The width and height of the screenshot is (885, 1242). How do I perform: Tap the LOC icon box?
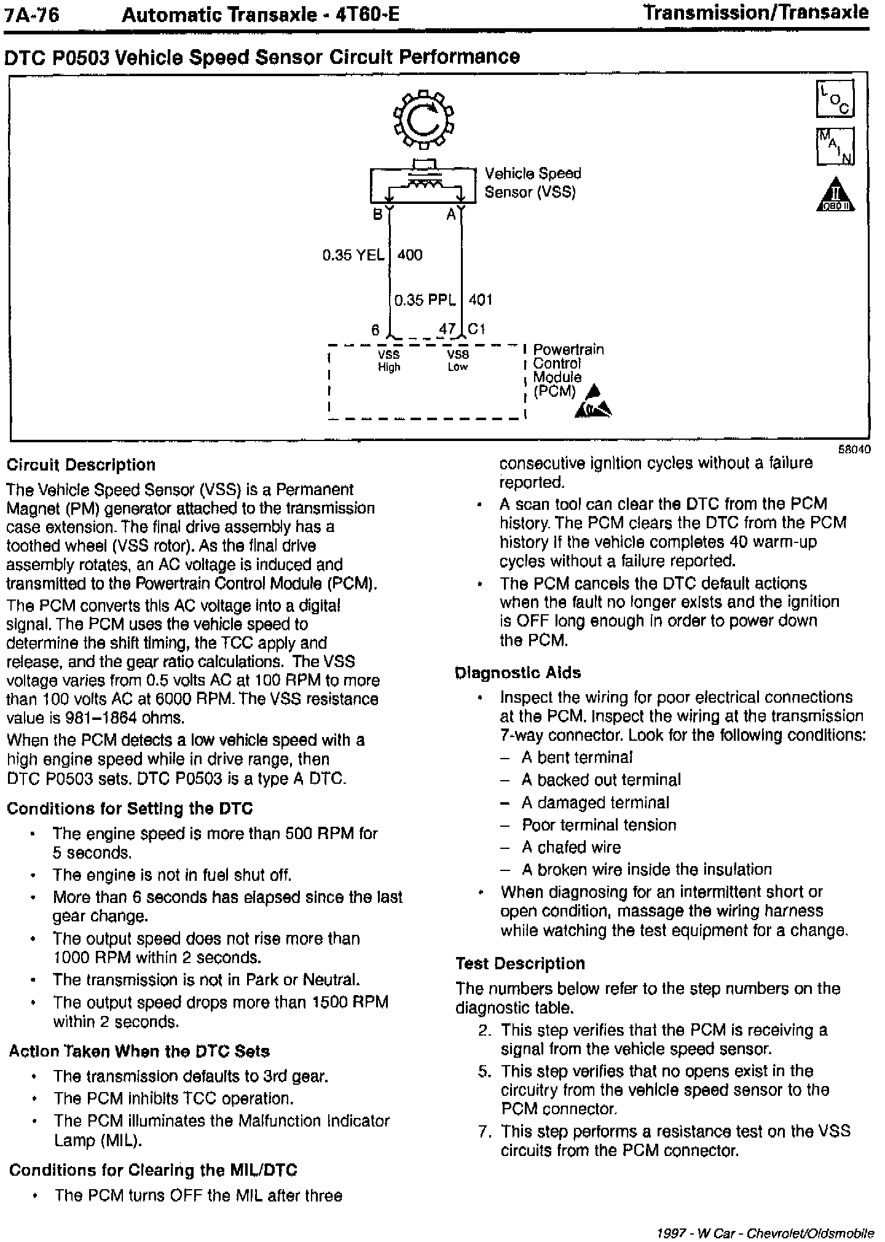(835, 99)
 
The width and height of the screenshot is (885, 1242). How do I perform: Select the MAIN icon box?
(835, 146)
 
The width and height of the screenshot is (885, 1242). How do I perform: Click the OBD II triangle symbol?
(836, 195)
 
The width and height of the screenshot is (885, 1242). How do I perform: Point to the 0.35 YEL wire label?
(353, 255)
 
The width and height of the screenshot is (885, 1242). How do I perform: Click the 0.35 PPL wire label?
(425, 300)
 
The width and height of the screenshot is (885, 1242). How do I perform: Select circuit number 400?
(410, 255)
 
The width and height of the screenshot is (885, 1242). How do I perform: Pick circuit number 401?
(481, 300)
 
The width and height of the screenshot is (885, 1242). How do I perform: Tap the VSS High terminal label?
(389, 361)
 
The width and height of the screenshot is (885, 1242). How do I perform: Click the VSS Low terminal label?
(458, 361)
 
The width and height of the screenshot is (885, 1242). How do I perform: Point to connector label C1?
(477, 329)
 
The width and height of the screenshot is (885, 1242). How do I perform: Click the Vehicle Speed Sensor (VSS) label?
(532, 182)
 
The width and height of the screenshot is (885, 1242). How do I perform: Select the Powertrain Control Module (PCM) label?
(567, 370)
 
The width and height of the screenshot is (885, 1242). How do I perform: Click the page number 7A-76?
(31, 15)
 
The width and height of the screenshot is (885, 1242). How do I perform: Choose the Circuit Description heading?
(81, 465)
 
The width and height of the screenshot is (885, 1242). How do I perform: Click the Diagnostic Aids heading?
(518, 673)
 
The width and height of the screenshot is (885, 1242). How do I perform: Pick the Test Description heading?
(520, 963)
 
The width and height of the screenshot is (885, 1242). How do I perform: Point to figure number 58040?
(854, 449)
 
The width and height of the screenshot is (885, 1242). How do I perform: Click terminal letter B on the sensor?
(378, 214)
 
